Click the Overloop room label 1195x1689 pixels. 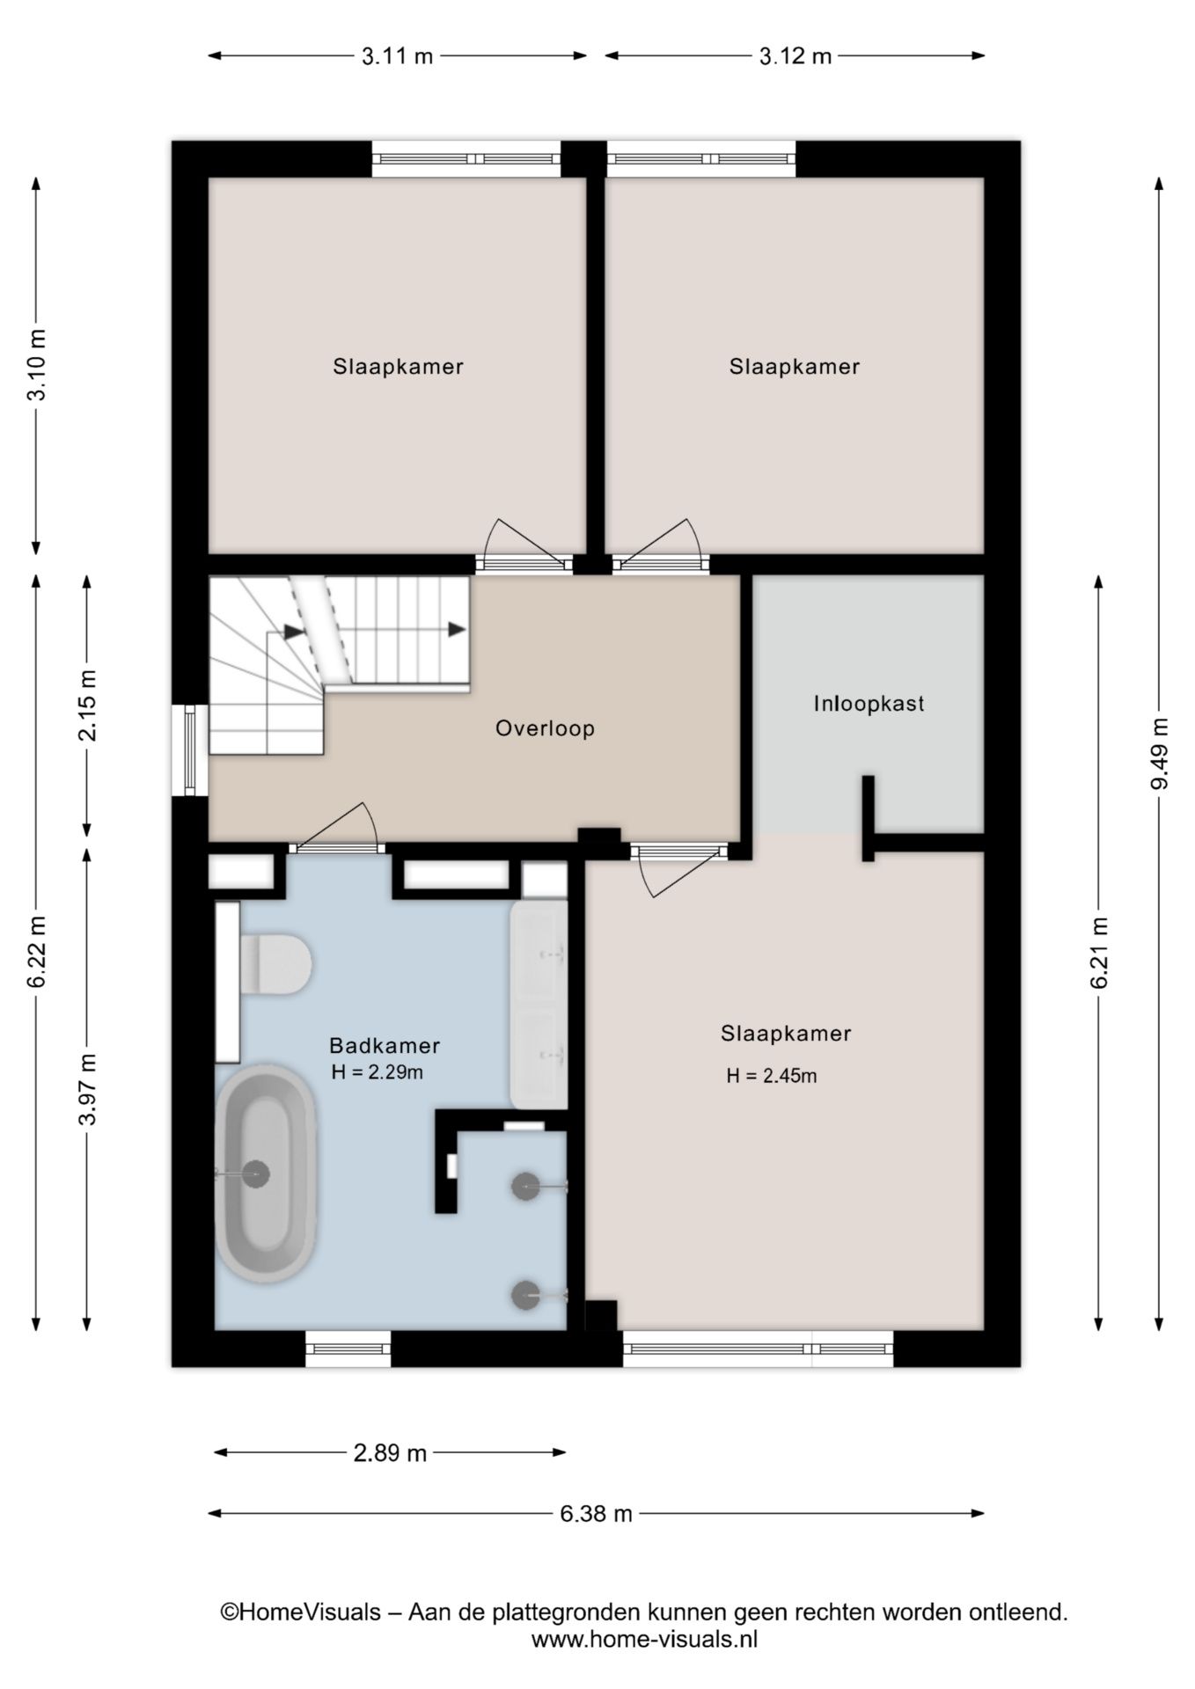[545, 728]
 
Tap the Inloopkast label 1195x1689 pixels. [869, 704]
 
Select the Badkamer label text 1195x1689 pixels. [385, 1045]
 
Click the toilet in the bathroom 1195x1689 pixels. [275, 965]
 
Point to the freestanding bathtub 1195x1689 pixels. [265, 1174]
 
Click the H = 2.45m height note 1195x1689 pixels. [772, 1075]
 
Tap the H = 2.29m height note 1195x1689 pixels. [378, 1072]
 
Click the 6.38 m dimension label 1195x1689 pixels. [597, 1513]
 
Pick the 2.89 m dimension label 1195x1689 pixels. [390, 1452]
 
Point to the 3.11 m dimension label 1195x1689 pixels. [397, 56]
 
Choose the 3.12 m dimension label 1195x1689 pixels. [795, 56]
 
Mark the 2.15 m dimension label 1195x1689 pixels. [87, 706]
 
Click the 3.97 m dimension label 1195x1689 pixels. [87, 1088]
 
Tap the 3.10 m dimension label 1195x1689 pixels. [37, 365]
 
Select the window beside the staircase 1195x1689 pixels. [190, 750]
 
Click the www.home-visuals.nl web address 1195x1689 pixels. [644, 1640]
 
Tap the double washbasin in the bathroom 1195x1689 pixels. [539, 1004]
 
